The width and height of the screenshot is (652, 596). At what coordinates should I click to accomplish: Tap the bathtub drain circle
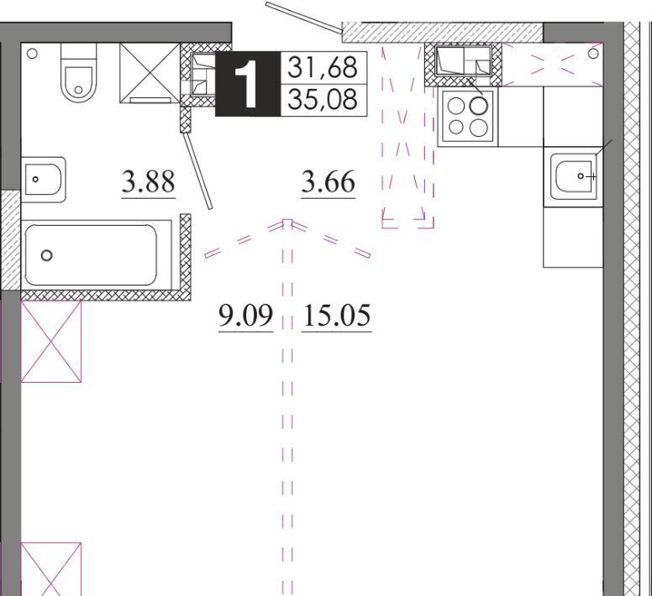(x=46, y=255)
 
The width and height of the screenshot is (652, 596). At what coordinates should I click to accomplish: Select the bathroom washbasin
(x=43, y=180)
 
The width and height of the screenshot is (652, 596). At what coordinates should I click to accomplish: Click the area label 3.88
(x=149, y=182)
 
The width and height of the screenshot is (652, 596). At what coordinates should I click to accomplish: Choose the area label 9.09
(x=246, y=316)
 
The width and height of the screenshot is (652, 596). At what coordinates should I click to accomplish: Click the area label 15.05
(x=336, y=316)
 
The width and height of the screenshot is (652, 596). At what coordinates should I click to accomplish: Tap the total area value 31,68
(x=323, y=67)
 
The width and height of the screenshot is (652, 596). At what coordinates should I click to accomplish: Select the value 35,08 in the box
(x=323, y=100)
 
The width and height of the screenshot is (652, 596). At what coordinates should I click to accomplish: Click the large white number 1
(x=246, y=84)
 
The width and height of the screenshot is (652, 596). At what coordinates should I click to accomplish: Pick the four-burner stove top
(x=468, y=117)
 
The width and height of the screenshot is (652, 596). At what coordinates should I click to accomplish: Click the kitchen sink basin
(x=574, y=177)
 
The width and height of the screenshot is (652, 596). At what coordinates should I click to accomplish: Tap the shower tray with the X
(x=150, y=73)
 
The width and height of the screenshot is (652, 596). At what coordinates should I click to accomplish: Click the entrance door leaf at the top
(x=304, y=16)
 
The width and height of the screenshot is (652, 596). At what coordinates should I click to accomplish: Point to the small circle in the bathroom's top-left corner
(x=32, y=54)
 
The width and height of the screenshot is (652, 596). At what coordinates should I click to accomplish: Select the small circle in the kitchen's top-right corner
(x=593, y=53)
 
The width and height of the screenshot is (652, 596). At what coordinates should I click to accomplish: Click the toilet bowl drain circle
(x=78, y=89)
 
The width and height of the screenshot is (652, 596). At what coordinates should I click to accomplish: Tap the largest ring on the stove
(x=478, y=106)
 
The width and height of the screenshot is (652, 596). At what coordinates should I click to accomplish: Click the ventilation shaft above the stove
(x=463, y=65)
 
